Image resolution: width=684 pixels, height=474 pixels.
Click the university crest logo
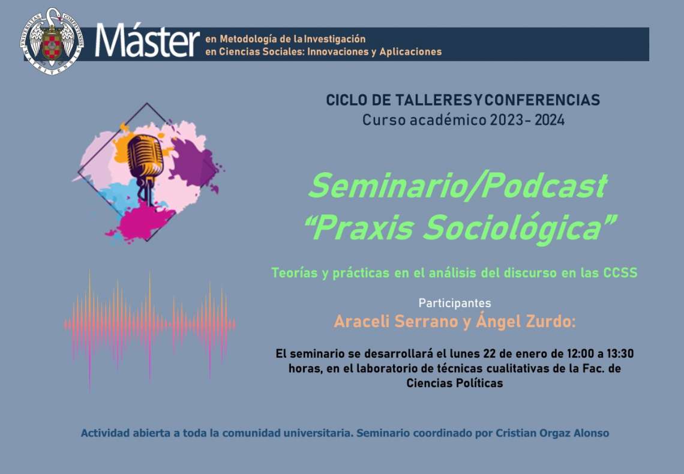[x=52, y=41]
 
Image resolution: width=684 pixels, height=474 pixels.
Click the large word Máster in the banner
[x=148, y=41]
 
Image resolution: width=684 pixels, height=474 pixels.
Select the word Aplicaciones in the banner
[x=410, y=52]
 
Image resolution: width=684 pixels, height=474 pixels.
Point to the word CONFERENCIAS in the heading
[x=542, y=100]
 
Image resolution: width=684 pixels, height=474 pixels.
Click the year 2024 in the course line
[x=550, y=120]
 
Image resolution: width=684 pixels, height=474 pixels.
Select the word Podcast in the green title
[x=545, y=186]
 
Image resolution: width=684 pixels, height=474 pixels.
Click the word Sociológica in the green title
[x=513, y=228]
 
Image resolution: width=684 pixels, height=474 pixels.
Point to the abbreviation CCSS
[x=620, y=273]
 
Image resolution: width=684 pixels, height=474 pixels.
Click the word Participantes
[x=455, y=303]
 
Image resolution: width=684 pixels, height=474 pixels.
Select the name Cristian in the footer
[x=512, y=433]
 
